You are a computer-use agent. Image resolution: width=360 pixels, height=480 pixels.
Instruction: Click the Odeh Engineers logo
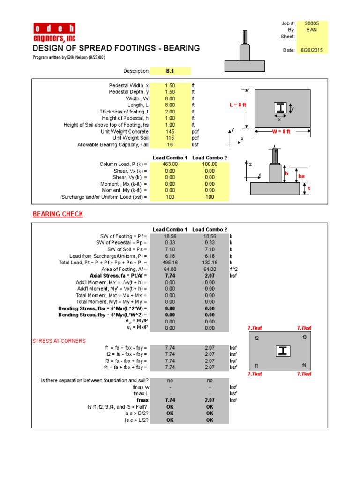click(x=54, y=32)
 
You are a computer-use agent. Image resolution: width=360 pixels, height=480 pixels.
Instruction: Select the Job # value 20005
click(x=311, y=23)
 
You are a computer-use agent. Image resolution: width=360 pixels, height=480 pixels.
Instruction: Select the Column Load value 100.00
click(x=210, y=164)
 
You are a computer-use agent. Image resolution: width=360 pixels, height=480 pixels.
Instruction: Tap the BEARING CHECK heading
click(x=58, y=214)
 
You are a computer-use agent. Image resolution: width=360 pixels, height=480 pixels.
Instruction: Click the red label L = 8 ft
click(x=238, y=105)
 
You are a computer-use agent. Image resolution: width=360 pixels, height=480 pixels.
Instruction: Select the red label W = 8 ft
click(x=281, y=132)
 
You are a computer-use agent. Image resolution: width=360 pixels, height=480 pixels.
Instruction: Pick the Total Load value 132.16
click(x=210, y=263)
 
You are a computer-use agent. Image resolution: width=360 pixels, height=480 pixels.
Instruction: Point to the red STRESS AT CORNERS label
click(x=59, y=341)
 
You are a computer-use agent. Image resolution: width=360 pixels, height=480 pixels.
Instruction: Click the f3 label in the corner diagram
click(x=304, y=337)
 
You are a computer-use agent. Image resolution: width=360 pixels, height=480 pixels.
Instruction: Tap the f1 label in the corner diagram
click(x=256, y=365)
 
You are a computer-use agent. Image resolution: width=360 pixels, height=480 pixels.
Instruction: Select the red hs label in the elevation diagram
click(x=301, y=176)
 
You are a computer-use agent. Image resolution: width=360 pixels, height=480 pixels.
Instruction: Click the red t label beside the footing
click(x=309, y=188)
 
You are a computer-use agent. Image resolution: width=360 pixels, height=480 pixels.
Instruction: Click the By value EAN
click(x=311, y=30)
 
